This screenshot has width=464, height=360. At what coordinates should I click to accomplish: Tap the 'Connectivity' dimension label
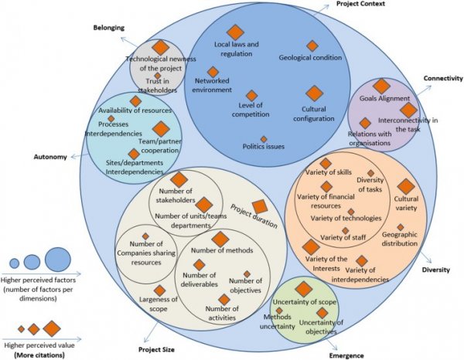click(x=442, y=79)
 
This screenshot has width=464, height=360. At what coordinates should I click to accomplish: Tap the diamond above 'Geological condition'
click(x=312, y=46)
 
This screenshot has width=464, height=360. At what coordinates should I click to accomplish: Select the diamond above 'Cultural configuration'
click(x=313, y=93)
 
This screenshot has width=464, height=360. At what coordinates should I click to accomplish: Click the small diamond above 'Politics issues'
click(x=264, y=139)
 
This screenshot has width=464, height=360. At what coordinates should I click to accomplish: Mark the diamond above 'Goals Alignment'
click(x=380, y=87)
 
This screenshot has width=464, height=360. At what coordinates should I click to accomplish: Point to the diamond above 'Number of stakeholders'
click(x=179, y=180)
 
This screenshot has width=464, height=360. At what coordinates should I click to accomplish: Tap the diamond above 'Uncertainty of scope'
click(x=304, y=288)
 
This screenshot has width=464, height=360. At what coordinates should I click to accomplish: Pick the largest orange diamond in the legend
click(x=52, y=328)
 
